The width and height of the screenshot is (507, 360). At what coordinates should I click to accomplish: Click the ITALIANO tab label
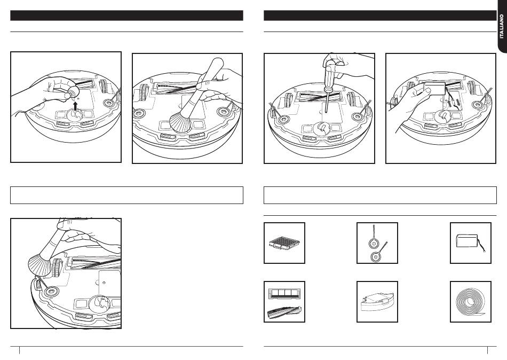pyautogui.click(x=502, y=26)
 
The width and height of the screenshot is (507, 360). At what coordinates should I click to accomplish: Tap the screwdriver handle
pyautogui.click(x=330, y=73)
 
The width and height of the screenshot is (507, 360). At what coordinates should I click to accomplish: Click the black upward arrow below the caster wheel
pyautogui.click(x=75, y=106)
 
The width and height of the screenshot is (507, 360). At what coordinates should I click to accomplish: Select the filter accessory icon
pyautogui.click(x=284, y=244)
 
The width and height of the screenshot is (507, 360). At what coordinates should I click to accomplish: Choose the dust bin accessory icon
pyautogui.click(x=377, y=301)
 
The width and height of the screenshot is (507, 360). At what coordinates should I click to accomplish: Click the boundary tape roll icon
pyautogui.click(x=471, y=302)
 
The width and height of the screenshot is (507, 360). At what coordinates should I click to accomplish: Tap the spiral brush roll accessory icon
pyautogui.click(x=284, y=312)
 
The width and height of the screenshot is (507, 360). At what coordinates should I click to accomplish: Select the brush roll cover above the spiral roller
pyautogui.click(x=284, y=293)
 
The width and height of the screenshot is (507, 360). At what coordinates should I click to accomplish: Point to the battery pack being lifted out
pyautogui.click(x=435, y=88)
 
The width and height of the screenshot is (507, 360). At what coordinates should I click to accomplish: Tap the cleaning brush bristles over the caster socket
pyautogui.click(x=181, y=122)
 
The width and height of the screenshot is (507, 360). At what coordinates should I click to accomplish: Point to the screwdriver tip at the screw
pyautogui.click(x=326, y=111)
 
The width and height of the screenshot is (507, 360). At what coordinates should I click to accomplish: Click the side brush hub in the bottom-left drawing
pyautogui.click(x=51, y=292)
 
